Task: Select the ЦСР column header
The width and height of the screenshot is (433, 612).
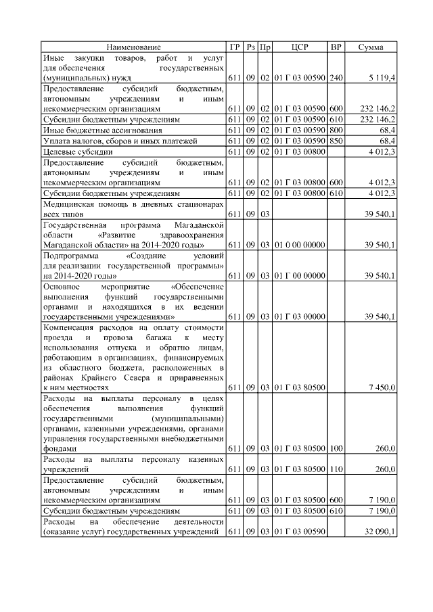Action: coord(300,47)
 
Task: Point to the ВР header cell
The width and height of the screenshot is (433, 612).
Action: coord(336,47)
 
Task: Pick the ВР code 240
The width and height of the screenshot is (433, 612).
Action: coord(336,79)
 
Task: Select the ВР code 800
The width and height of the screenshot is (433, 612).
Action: coord(336,130)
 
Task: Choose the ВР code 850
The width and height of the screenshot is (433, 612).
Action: coord(336,141)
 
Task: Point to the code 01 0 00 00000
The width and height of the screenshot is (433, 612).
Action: coord(300,244)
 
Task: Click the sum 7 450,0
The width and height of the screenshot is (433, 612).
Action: coord(382,388)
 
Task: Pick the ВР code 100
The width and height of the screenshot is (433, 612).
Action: coord(336,448)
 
